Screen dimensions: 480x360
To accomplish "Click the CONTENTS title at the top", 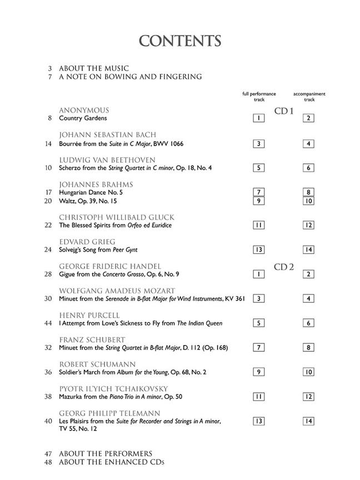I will [x=180, y=41].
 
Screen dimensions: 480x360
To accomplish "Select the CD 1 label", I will [x=283, y=111].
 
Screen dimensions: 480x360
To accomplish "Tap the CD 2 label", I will [x=283, y=267].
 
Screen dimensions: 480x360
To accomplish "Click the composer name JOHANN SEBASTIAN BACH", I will [x=107, y=135].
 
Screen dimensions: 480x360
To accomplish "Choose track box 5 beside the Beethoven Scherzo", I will [x=259, y=168].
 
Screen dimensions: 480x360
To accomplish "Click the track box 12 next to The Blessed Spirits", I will [x=309, y=226].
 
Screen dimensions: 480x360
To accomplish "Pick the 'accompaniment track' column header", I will [x=309, y=97].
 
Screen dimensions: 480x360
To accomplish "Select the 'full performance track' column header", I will [x=259, y=97].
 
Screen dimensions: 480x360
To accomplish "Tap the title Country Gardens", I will [x=82, y=118].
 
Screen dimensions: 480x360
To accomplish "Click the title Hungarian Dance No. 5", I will [x=90, y=192].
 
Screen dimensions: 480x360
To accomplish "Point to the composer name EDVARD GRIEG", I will [x=87, y=242].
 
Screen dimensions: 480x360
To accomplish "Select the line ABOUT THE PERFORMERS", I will [x=106, y=453].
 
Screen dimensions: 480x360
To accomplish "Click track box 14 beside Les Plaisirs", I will [x=309, y=421].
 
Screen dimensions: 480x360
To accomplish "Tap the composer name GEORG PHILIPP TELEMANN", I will [x=109, y=414].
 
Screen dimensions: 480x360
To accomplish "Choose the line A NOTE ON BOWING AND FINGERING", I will [x=130, y=77].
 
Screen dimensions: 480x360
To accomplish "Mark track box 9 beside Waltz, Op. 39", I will [x=259, y=201].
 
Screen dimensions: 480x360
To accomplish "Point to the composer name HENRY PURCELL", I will [x=89, y=316].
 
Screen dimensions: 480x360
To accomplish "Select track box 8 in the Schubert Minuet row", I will [x=309, y=348].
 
